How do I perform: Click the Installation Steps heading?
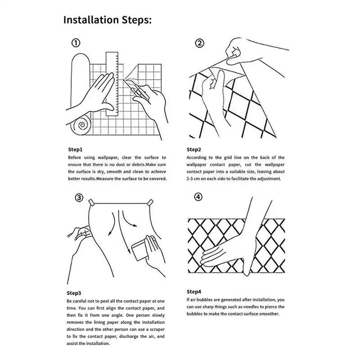click(x=107, y=20)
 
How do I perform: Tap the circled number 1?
click(x=76, y=43)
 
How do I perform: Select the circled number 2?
click(x=199, y=44)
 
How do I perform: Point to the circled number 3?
click(x=78, y=198)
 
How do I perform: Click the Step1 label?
click(x=75, y=149)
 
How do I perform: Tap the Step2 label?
click(x=194, y=149)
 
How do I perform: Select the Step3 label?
click(x=74, y=293)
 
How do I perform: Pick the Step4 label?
click(x=194, y=291)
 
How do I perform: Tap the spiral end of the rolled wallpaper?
click(x=82, y=126)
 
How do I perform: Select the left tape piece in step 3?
click(x=92, y=202)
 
